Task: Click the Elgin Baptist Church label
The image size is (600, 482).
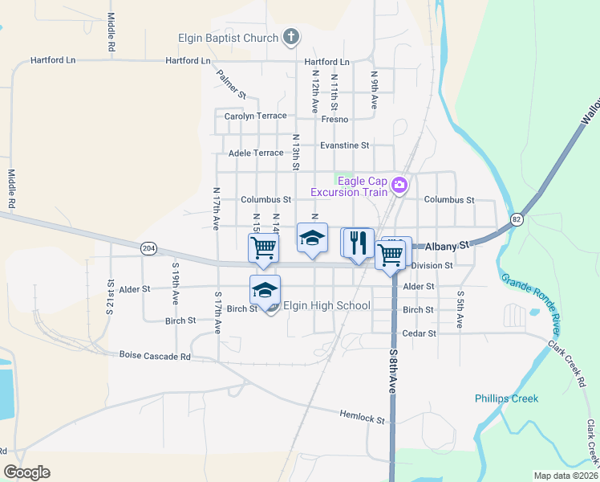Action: pos(228,38)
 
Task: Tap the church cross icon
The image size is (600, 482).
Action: pos(290,37)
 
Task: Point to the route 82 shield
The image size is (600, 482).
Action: pos(517,219)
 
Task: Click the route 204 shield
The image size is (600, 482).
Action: pos(148,248)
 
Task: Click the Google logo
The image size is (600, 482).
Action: pos(26,472)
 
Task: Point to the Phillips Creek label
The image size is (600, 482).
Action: pos(506,398)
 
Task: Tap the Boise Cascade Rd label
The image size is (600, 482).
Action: pos(155,355)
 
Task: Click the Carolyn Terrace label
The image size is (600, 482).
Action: pos(255,116)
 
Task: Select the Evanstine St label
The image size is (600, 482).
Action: pos(344,145)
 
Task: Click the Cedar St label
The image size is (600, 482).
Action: pos(420,333)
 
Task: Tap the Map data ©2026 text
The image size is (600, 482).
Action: pos(566,476)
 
